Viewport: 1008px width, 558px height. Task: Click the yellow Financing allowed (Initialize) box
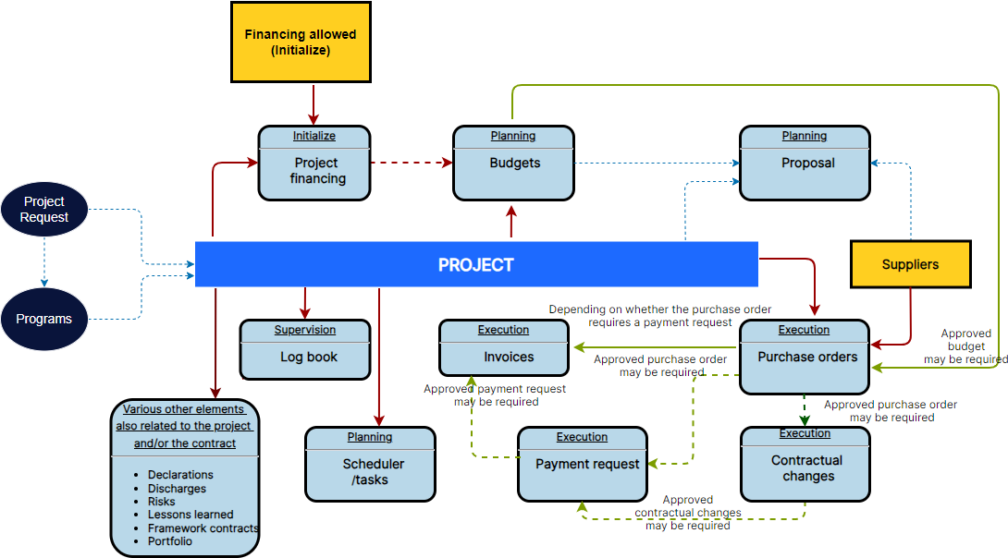point(300,42)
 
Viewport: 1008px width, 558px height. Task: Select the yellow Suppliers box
point(910,264)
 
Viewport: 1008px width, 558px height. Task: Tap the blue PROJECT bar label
point(476,265)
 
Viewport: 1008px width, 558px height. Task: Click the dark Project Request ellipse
point(44,209)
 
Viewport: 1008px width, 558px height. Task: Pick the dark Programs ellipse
point(44,319)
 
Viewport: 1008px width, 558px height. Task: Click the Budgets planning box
point(513,164)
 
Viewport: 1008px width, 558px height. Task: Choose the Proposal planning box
point(805,164)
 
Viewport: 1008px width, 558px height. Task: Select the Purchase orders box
point(805,358)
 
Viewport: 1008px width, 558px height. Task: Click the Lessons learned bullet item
point(190,515)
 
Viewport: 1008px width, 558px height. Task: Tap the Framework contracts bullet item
point(202,528)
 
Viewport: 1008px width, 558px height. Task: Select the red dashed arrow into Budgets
point(411,163)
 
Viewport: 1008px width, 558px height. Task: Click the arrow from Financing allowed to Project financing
point(313,103)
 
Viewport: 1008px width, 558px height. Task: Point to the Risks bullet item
point(163,502)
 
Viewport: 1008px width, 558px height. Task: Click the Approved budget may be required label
point(965,346)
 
